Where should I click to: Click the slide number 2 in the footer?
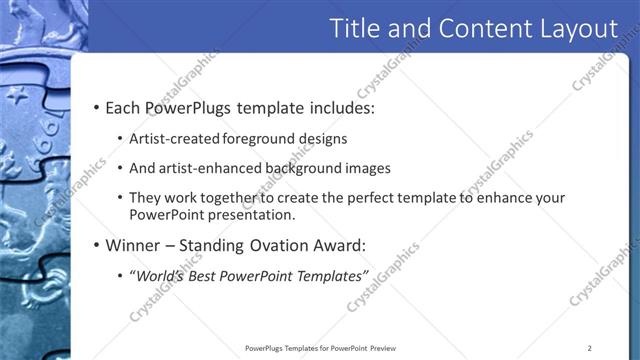(x=590, y=347)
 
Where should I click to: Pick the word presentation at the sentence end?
(x=250, y=214)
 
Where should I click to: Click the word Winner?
(x=135, y=245)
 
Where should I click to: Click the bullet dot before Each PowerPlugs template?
(x=95, y=108)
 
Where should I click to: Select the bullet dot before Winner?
(x=95, y=245)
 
